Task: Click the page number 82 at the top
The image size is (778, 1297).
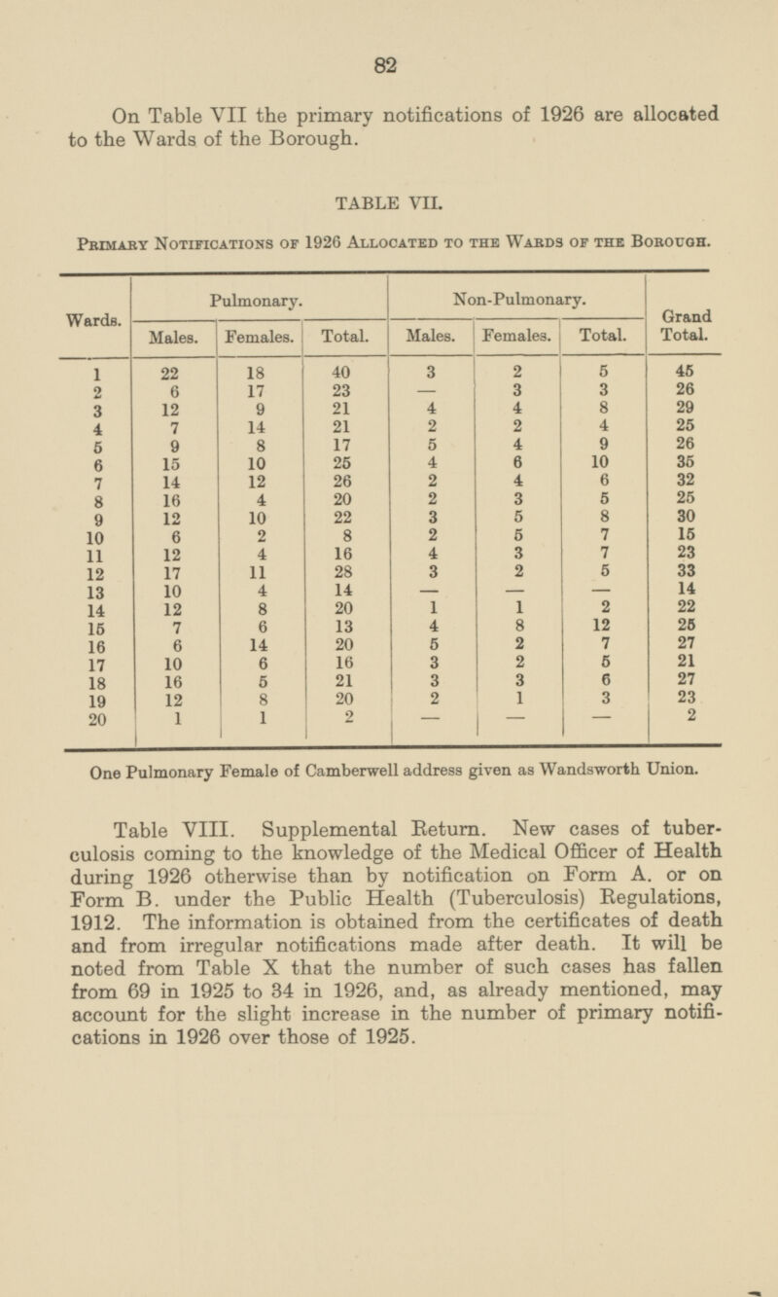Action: pos(388,65)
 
